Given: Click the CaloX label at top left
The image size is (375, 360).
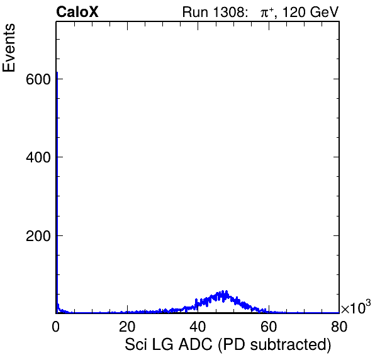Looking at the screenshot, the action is pos(77,12).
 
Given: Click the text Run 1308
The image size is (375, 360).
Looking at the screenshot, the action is pos(213,12).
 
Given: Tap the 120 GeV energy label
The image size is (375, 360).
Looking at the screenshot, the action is pos(311,12).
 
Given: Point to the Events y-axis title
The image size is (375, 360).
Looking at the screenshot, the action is pos(9,48).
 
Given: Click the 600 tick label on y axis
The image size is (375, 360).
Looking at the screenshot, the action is pos(38,79).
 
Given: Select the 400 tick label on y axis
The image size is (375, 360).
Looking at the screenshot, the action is pos(38,157).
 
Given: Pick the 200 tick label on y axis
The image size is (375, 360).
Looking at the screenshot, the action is pos(38,236).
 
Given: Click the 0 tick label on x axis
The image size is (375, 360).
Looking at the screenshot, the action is pos(56,326).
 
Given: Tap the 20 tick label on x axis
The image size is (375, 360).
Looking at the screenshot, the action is pos(127,326).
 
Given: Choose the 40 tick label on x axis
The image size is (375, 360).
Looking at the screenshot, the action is pos(198,326).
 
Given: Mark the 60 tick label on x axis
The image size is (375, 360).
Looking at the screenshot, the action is pos(269,326).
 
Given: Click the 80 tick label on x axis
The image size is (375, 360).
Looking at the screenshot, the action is pos(339,326).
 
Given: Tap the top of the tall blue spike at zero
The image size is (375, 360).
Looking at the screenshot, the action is pos(57,72).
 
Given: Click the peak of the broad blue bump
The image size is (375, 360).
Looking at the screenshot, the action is pos(223,291).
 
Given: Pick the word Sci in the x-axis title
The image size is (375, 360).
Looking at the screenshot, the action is pos(136,344).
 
